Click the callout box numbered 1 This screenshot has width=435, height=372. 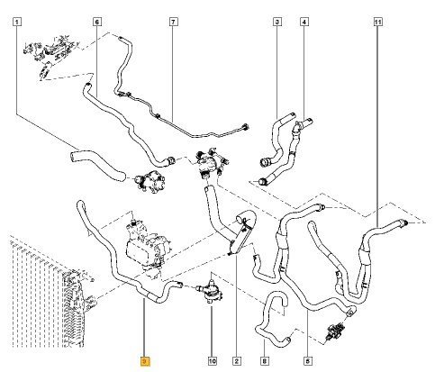point(17,22)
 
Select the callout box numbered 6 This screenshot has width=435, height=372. point(96,22)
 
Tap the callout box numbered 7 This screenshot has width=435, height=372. point(173,22)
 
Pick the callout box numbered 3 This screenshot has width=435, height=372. point(277,22)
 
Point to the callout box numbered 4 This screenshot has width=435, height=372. point(304,22)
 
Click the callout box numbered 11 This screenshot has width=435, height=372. point(377,22)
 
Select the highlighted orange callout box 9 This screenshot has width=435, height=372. point(145,361)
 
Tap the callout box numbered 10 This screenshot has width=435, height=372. point(213,361)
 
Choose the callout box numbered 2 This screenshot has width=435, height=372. point(237,361)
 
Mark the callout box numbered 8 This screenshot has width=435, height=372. point(264,361)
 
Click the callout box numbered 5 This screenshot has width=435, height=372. point(308,361)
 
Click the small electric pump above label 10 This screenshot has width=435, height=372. point(210,291)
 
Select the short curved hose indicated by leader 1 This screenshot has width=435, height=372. point(96,165)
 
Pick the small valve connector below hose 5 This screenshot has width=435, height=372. point(336,331)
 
